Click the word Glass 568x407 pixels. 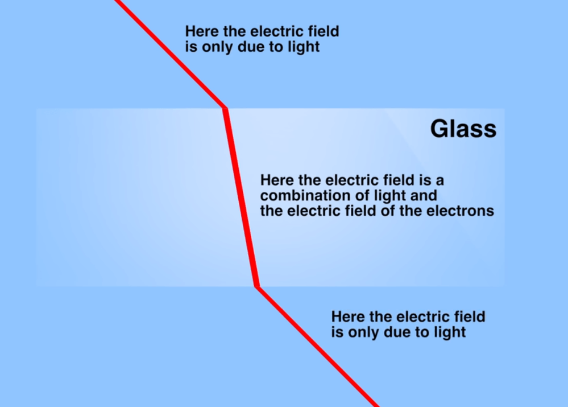coord(463,129)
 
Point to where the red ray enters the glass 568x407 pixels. coord(225,108)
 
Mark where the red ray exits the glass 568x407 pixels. coord(257,286)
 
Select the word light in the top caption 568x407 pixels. coord(303,46)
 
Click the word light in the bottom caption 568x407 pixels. coord(449,332)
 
